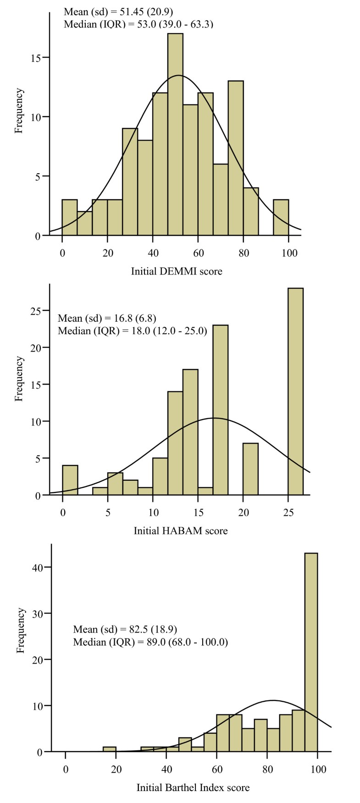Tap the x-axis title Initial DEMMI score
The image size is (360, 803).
[177, 271]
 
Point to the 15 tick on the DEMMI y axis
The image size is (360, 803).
[39, 58]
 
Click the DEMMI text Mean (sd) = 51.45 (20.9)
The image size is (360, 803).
[118, 11]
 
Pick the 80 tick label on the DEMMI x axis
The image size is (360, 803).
[244, 253]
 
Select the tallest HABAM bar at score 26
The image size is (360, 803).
[295, 391]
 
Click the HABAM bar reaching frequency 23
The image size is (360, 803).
[221, 410]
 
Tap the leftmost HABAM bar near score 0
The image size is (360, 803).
[70, 480]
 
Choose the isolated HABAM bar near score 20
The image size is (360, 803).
[250, 469]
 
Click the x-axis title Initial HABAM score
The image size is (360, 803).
[181, 531]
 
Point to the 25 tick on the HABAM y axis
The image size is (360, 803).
[39, 311]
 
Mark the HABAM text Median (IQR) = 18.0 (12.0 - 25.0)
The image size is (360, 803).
[132, 330]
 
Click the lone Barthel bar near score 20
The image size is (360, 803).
[110, 749]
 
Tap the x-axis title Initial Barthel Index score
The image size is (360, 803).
[193, 788]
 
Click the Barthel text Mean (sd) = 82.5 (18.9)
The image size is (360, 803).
[125, 629]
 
